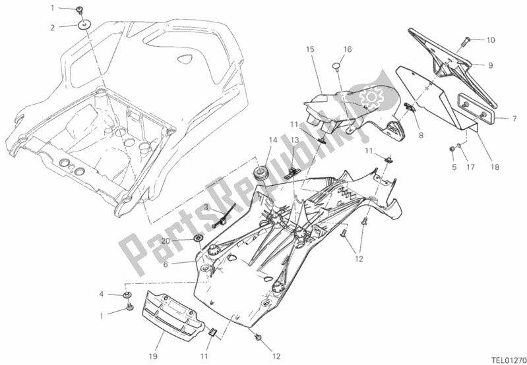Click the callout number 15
pyautogui.click(x=310, y=49)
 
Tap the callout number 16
pyautogui.click(x=348, y=49)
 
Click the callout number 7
pyautogui.click(x=514, y=119)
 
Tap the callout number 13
pyautogui.click(x=295, y=140)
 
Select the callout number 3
pyautogui.click(x=205, y=207)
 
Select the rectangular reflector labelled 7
pyautogui.click(x=476, y=108)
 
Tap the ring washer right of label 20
pyautogui.click(x=198, y=237)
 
